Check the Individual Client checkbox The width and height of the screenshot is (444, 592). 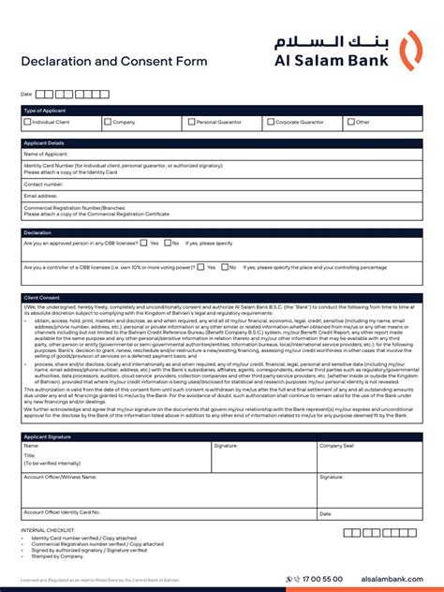[x=27, y=122]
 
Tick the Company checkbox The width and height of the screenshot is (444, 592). [x=108, y=122]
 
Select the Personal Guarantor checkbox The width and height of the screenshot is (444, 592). [x=191, y=122]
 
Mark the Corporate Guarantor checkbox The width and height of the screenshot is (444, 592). [x=270, y=122]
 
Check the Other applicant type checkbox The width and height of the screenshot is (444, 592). [x=351, y=122]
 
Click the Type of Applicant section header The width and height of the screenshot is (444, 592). [x=44, y=111]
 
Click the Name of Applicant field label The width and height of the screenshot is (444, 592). [x=47, y=154]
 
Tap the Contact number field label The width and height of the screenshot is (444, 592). [x=44, y=185]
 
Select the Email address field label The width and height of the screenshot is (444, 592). [x=42, y=196]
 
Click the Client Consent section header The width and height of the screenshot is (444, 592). [x=40, y=297]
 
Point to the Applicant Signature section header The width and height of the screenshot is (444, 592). [x=47, y=437]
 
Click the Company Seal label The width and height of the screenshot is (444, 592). [x=337, y=447]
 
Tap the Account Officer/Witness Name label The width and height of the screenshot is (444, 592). [x=60, y=477]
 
